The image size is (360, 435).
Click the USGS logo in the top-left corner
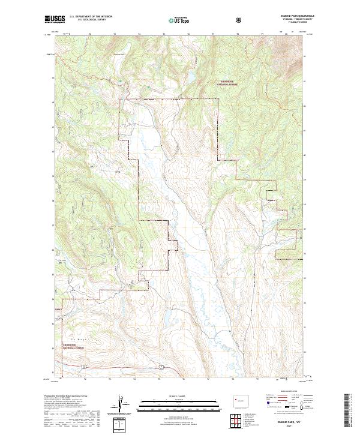coord(54,20)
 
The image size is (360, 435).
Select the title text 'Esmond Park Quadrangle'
coord(287,17)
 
